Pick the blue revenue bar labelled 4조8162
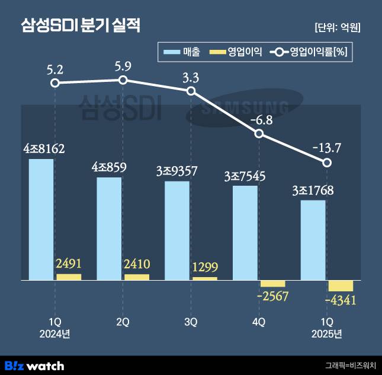[x=41, y=219]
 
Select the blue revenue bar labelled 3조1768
[x=313, y=240]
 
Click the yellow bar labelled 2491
[x=69, y=277]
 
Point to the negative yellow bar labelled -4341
[x=341, y=285]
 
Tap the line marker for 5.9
[x=123, y=80]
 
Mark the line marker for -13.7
[x=327, y=163]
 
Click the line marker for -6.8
[x=259, y=134]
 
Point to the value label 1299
[x=205, y=268]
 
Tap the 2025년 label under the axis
[x=327, y=334]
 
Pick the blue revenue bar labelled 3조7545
[x=245, y=233]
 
